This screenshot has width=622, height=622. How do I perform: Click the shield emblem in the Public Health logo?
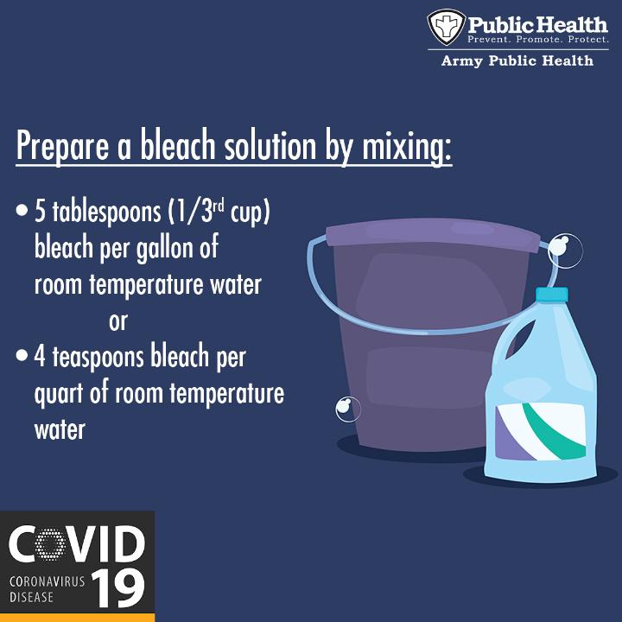(x=447, y=27)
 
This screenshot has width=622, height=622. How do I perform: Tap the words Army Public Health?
(x=517, y=60)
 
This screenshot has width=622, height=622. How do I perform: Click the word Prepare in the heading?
(x=62, y=146)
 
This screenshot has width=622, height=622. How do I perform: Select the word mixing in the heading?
(x=407, y=146)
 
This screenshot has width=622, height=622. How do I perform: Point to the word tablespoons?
(x=106, y=213)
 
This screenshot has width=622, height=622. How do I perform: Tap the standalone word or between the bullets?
(x=118, y=322)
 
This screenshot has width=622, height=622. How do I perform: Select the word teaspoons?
(x=98, y=357)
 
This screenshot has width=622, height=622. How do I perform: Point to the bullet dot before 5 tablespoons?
(x=22, y=210)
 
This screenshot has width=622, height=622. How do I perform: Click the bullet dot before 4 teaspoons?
(x=22, y=355)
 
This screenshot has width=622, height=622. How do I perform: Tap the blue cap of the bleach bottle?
(x=552, y=295)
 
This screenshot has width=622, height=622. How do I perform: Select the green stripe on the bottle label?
(x=555, y=433)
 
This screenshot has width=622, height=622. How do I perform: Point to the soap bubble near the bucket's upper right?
(x=565, y=251)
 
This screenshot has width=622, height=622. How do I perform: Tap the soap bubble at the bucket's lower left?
(x=348, y=409)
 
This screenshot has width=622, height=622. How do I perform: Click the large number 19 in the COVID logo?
(x=118, y=589)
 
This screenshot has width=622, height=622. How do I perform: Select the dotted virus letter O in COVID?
(x=50, y=544)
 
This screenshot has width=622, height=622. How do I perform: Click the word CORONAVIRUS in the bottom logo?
(x=47, y=581)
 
